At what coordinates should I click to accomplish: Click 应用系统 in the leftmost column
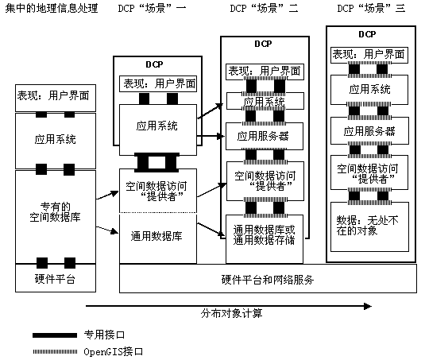point(55,139)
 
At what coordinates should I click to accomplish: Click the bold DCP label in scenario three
point(367,34)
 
